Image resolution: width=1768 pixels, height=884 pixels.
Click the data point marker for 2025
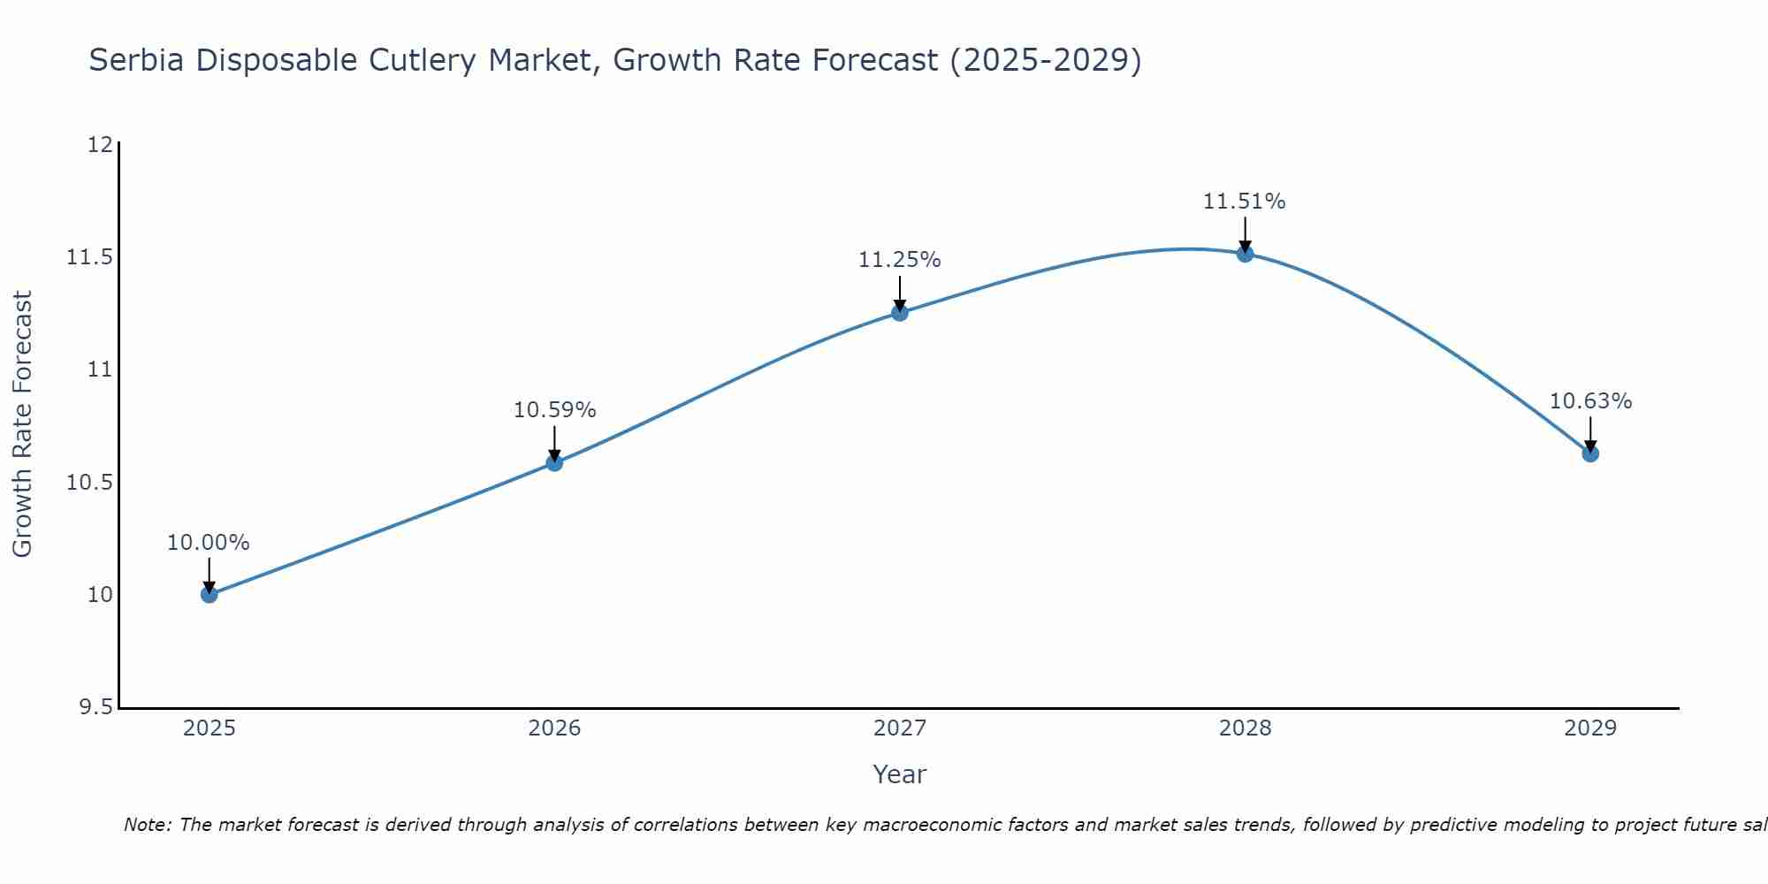(210, 594)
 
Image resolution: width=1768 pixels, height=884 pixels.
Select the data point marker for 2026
(554, 462)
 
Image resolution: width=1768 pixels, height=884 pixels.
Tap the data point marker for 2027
(900, 312)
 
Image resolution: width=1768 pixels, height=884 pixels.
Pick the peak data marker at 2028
(1245, 254)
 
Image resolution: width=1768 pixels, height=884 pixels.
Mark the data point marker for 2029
(1590, 453)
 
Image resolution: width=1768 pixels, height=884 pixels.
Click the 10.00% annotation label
(209, 543)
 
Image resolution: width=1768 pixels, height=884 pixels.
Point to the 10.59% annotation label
(554, 410)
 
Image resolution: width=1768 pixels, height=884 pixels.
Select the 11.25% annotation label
(900, 260)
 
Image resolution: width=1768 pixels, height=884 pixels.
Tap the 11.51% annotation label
(1245, 202)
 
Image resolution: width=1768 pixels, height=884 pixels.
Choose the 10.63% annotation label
(1590, 401)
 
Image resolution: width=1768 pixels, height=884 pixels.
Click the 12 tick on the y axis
(101, 144)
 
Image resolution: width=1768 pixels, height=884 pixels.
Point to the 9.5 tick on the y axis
(95, 707)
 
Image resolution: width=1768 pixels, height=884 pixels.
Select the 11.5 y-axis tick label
(90, 257)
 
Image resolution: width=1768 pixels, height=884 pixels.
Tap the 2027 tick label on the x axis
(900, 728)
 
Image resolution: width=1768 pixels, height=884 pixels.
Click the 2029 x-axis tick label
(1590, 728)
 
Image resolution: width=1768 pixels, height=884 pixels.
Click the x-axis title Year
(900, 774)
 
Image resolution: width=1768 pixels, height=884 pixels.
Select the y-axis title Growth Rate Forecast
(23, 424)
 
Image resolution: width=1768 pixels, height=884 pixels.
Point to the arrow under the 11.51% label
(1245, 234)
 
